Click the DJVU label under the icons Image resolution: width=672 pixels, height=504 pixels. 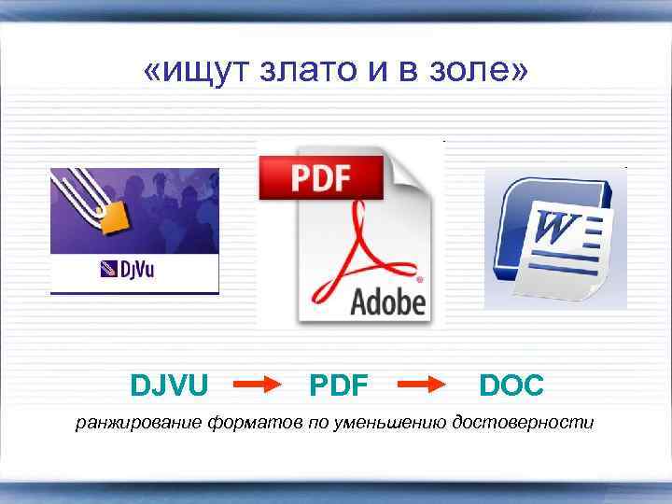click(170, 385)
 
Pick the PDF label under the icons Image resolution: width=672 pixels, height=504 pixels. click(338, 385)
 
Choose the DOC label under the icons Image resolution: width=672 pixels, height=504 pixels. click(511, 385)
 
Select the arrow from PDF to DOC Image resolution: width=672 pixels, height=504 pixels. click(425, 385)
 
